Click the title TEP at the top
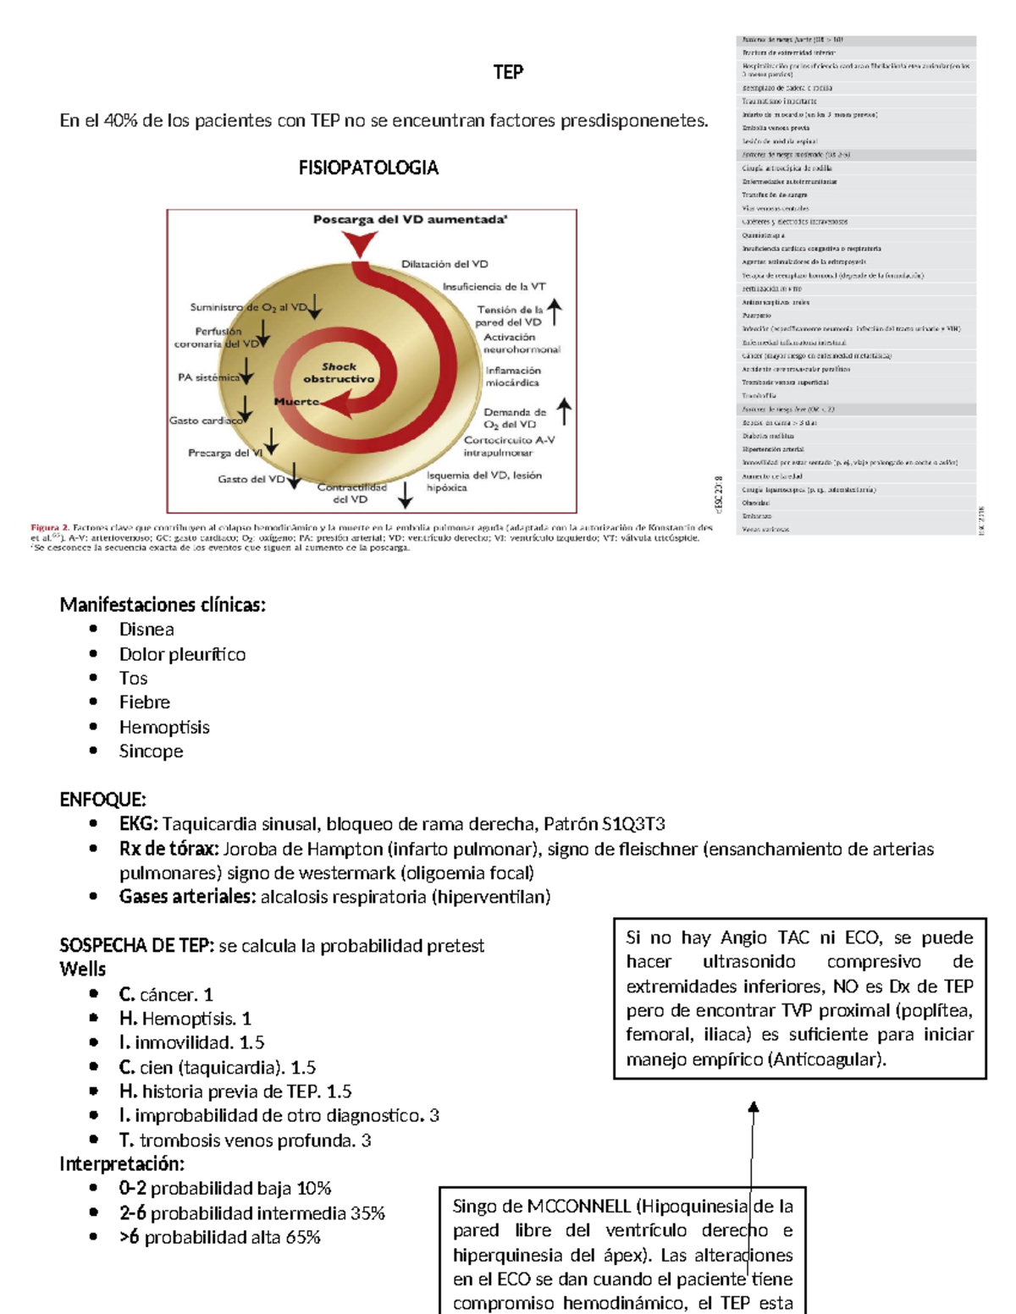click(x=508, y=73)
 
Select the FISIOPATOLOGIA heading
click(x=368, y=168)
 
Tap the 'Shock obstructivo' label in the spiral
click(x=339, y=373)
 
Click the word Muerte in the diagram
click(x=296, y=402)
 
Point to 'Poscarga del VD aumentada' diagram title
click(x=410, y=220)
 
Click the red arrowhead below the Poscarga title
click(x=361, y=245)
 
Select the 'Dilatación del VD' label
click(x=444, y=264)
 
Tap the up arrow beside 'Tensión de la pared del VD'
click(x=555, y=312)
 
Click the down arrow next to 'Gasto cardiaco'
click(x=245, y=410)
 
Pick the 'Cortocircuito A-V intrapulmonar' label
click(x=509, y=446)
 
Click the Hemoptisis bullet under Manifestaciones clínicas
click(x=164, y=728)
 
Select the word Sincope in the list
click(x=151, y=751)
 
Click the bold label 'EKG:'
click(x=138, y=824)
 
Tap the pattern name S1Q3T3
click(x=633, y=824)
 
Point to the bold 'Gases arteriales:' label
click(x=187, y=897)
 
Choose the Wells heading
click(x=83, y=970)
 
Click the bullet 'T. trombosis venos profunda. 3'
click(x=245, y=1141)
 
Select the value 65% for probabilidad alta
click(x=303, y=1238)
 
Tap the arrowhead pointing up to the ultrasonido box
click(x=753, y=1108)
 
